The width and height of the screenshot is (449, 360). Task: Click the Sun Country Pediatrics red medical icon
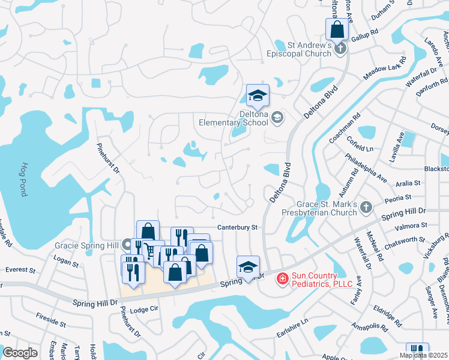[282, 278]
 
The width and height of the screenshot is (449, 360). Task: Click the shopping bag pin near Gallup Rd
[337, 29]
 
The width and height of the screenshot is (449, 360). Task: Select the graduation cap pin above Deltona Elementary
[258, 95]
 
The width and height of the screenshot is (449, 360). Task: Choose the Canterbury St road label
[237, 227]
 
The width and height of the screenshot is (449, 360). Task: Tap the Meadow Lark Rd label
[385, 68]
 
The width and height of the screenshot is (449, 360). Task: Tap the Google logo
[20, 352]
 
